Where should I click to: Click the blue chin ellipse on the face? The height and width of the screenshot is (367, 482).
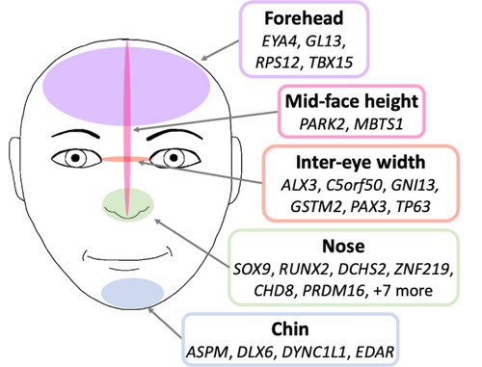click(132, 291)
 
